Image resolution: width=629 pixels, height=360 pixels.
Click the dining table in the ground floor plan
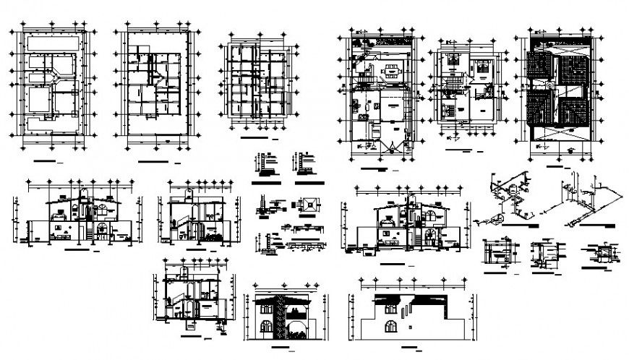(x=391, y=71)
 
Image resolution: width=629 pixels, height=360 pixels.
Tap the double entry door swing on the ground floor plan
(x=390, y=146)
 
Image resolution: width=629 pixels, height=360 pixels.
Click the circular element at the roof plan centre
(x=550, y=84)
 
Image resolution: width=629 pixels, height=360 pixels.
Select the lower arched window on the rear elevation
(x=390, y=327)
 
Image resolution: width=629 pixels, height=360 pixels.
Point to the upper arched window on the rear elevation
(x=390, y=309)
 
